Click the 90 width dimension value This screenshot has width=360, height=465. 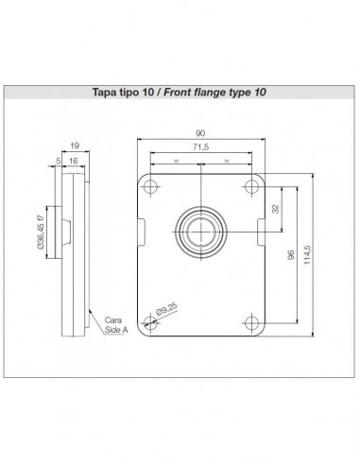(200, 133)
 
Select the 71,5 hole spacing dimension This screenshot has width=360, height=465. (200, 146)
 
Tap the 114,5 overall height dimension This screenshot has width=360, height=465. (307, 255)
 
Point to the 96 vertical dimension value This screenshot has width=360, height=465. (291, 254)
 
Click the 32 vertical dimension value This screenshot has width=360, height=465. (275, 209)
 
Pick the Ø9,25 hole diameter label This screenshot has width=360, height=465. (166, 309)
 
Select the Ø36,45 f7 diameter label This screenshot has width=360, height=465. (41, 232)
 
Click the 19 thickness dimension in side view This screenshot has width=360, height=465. (75, 146)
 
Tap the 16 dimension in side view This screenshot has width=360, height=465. (73, 161)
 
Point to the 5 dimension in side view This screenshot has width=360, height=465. (59, 161)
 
